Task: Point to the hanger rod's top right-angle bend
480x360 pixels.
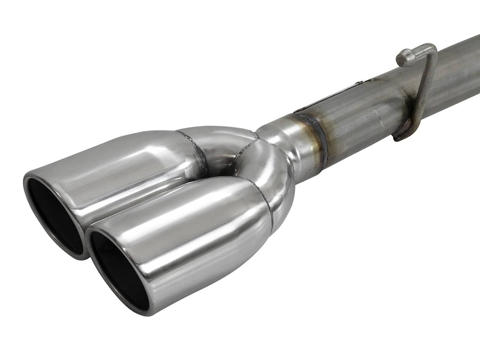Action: [x=432, y=49]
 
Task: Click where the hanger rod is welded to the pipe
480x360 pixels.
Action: [x=403, y=134]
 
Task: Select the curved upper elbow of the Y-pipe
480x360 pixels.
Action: [x=220, y=141]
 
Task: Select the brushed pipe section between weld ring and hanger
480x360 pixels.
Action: [x=361, y=122]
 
